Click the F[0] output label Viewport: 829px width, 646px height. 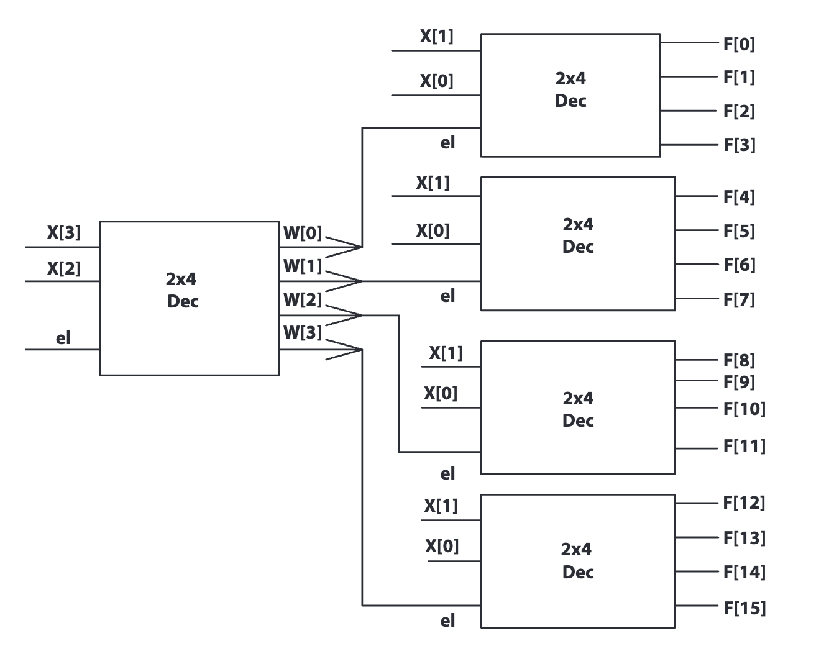tap(739, 44)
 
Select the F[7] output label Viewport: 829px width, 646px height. tap(739, 299)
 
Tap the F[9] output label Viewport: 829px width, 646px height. tap(739, 381)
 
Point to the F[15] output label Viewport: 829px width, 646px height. tap(744, 607)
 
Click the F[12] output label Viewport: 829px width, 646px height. tap(744, 502)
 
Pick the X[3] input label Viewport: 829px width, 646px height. tap(63, 232)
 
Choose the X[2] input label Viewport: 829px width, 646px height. tap(63, 268)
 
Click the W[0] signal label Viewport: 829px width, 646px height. tap(303, 233)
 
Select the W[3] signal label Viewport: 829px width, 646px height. tap(303, 332)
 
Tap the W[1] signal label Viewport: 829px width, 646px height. tap(303, 266)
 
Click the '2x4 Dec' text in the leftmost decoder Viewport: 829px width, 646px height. tap(182, 290)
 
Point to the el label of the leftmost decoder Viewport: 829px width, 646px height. tap(63, 338)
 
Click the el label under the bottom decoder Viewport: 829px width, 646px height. tap(447, 621)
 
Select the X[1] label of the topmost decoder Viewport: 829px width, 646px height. tap(436, 36)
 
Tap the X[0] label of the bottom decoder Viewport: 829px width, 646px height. tap(442, 546)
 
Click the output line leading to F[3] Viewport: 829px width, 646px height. tap(689, 145)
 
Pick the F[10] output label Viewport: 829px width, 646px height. tap(744, 409)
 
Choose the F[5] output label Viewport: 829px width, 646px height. tap(739, 231)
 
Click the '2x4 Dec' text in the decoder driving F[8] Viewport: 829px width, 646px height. tap(578, 409)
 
